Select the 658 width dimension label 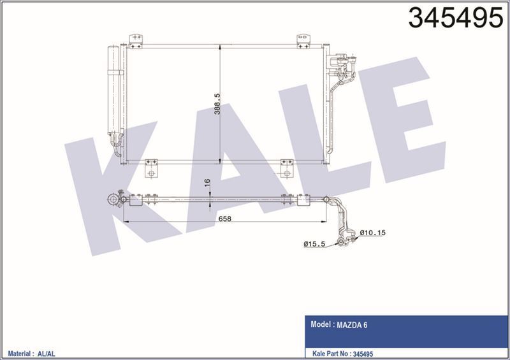coord(226,219)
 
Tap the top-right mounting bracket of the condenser coord(303,40)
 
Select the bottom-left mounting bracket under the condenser coord(152,169)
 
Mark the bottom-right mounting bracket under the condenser coord(286,169)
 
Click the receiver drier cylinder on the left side coord(115,89)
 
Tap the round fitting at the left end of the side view coord(114,200)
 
